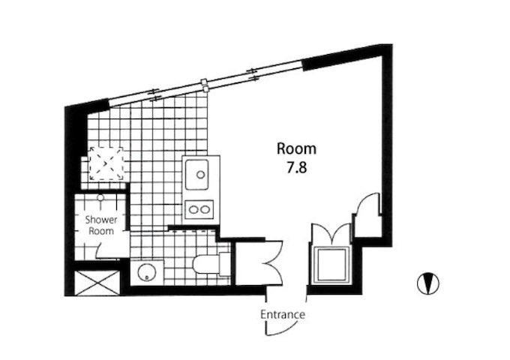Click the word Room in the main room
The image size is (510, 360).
[x=296, y=149]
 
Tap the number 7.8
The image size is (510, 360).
[x=297, y=169]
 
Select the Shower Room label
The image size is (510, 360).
[x=101, y=225]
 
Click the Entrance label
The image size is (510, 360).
[x=283, y=315]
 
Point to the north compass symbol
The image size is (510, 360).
[x=428, y=283]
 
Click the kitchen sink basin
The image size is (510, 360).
[x=197, y=175]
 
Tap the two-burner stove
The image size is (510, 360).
[x=199, y=209]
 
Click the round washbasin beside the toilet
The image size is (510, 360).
[x=145, y=272]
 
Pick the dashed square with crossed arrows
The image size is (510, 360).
[x=106, y=163]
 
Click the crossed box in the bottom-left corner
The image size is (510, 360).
[x=97, y=283]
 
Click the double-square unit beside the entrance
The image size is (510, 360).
[x=331, y=265]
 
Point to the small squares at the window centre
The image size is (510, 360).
[x=204, y=85]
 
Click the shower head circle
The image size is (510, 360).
[x=100, y=198]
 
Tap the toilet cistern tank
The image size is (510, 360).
[x=225, y=265]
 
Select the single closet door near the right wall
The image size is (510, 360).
[x=367, y=204]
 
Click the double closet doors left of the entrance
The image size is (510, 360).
[x=274, y=262]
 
